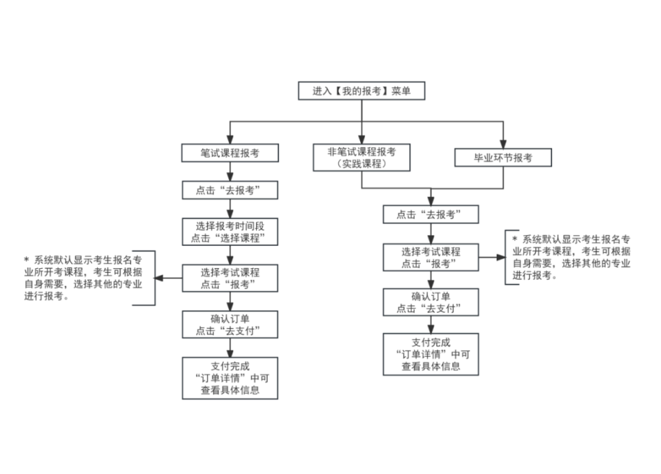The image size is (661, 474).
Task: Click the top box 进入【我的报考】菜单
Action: coord(361,91)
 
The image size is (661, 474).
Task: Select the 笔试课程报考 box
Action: coord(230,153)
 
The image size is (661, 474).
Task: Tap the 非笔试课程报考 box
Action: coord(361,158)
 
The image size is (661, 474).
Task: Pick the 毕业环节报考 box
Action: coord(503,158)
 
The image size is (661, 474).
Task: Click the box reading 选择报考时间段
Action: coord(230,232)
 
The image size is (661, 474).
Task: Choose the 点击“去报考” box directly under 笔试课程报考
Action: coord(230,190)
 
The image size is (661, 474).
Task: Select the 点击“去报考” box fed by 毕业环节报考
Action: coord(431,215)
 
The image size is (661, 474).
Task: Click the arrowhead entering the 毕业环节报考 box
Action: coord(503,144)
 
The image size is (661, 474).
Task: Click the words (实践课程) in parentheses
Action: coord(361,164)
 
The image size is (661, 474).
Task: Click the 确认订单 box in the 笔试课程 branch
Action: coord(230,324)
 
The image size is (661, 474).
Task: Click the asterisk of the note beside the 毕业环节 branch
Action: coord(515,238)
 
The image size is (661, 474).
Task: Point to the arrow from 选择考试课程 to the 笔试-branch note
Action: coord(166,278)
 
